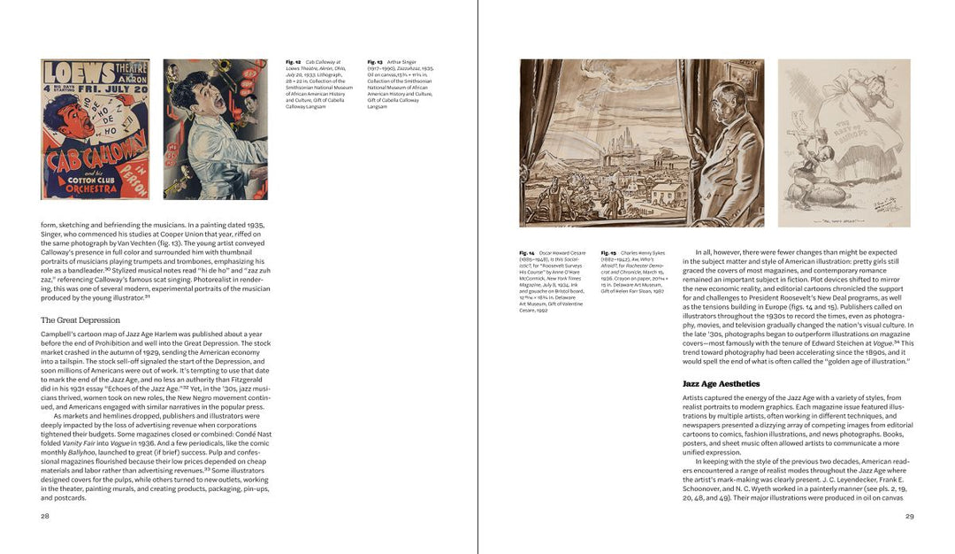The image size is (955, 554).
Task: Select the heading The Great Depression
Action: pyautogui.click(x=80, y=320)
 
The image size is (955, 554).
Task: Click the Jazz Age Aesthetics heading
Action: pyautogui.click(x=721, y=384)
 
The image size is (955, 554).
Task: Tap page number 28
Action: pyautogui.click(x=45, y=515)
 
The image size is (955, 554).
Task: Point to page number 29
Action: pyautogui.click(x=909, y=515)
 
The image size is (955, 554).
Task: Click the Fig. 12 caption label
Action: pyautogui.click(x=293, y=62)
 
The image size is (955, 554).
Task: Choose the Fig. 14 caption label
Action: pyautogui.click(x=527, y=252)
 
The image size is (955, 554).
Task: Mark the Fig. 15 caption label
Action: pyautogui.click(x=609, y=252)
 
